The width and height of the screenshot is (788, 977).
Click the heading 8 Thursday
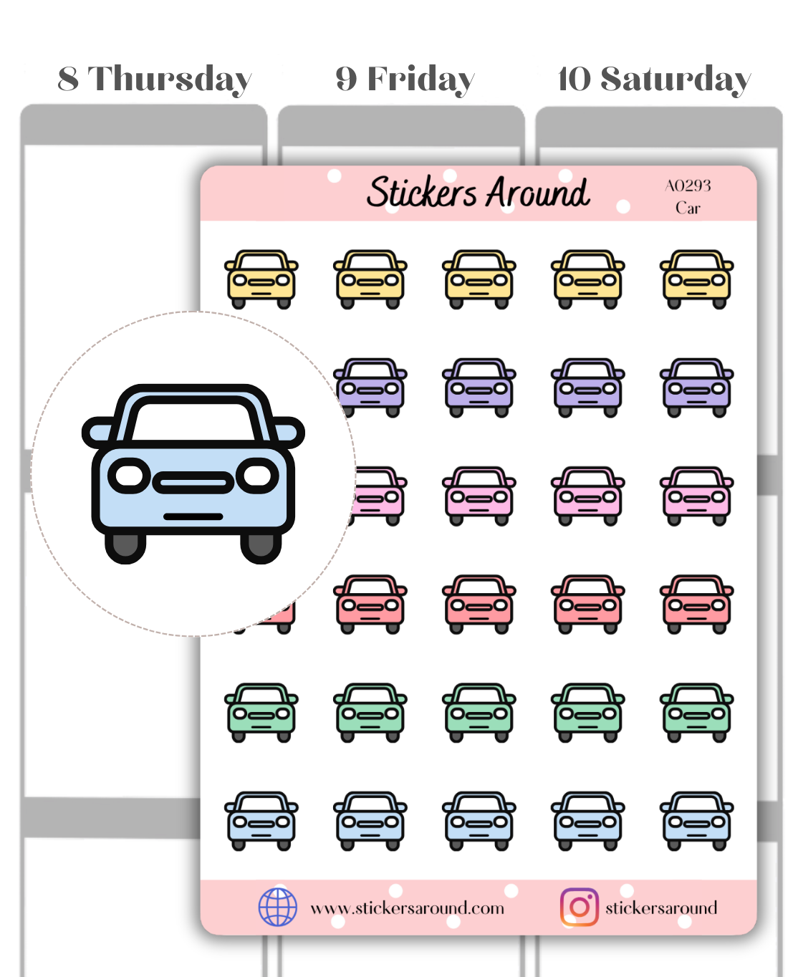(155, 80)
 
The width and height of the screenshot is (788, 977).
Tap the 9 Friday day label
(405, 80)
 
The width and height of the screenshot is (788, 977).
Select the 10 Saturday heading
(654, 80)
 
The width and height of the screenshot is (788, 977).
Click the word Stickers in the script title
(422, 192)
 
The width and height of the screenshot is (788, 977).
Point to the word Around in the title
(539, 192)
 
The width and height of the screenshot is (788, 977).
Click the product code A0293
(688, 186)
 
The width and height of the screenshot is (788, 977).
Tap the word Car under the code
(688, 208)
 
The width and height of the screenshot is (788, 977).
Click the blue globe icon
(278, 907)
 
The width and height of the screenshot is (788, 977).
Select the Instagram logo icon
(579, 908)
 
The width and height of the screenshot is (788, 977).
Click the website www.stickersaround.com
(407, 908)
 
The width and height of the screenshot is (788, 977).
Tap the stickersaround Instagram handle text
(661, 908)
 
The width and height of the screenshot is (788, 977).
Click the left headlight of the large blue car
(130, 476)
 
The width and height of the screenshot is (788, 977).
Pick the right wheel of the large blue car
(260, 547)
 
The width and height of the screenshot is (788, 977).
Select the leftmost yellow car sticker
(261, 279)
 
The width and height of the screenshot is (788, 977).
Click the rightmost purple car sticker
(696, 388)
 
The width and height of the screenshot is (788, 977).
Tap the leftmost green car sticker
(261, 712)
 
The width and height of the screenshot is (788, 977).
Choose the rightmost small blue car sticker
(696, 820)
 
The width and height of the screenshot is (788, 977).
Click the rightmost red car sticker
(696, 604)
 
